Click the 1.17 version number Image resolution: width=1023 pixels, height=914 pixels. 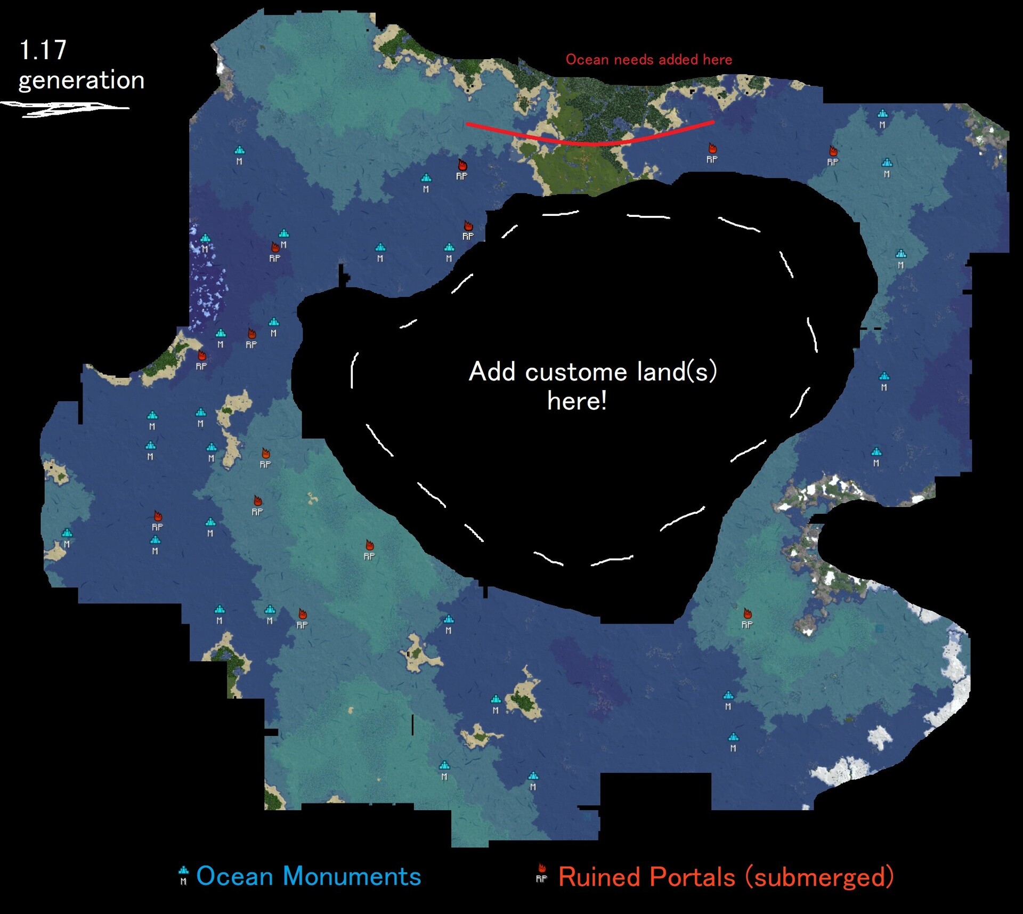tap(43, 50)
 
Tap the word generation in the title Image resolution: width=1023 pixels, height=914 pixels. tap(82, 80)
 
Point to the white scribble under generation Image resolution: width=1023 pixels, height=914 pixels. tap(64, 109)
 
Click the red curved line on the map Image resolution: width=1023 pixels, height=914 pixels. tap(591, 142)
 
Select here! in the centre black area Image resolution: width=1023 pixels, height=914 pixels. tap(577, 401)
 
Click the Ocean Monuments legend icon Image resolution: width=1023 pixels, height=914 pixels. tap(183, 875)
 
